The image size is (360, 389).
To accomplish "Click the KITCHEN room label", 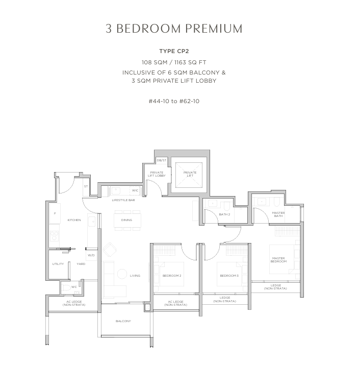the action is (74, 220).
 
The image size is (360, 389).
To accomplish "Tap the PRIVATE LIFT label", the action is (190, 174).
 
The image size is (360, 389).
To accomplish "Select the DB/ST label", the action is (162, 160).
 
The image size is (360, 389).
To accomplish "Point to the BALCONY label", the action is (123, 321).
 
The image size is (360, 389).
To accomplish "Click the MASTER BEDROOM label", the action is (278, 260).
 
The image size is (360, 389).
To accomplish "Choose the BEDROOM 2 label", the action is (172, 276).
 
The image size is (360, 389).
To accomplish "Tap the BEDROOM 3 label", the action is (229, 276).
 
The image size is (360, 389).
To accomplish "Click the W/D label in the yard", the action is (91, 255).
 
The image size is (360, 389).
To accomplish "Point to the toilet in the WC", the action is (66, 288).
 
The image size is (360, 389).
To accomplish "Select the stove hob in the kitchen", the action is (54, 236).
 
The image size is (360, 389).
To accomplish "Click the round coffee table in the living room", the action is (122, 274).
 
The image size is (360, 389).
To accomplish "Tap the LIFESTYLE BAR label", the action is (123, 200).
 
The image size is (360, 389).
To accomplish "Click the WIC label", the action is (135, 190).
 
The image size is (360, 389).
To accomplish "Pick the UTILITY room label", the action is (58, 264).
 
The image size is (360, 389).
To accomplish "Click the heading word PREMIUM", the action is (214, 29).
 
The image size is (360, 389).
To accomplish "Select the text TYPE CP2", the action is (174, 51).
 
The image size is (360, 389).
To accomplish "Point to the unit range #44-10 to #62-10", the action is (174, 101).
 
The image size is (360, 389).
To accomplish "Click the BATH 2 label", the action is (224, 214).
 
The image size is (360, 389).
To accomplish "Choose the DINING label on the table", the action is (126, 220).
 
